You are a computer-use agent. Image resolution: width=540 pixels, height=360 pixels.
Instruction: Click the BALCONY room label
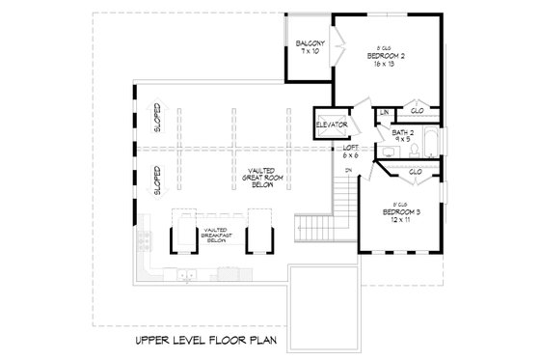(309, 43)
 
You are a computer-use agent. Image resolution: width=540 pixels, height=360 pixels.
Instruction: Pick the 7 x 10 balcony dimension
(309, 52)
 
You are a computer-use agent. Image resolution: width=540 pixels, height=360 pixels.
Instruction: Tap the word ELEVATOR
(330, 125)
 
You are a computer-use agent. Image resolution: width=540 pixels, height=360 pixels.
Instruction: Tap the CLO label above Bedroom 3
(415, 172)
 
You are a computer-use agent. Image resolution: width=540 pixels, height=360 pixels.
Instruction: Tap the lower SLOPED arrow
(158, 180)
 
